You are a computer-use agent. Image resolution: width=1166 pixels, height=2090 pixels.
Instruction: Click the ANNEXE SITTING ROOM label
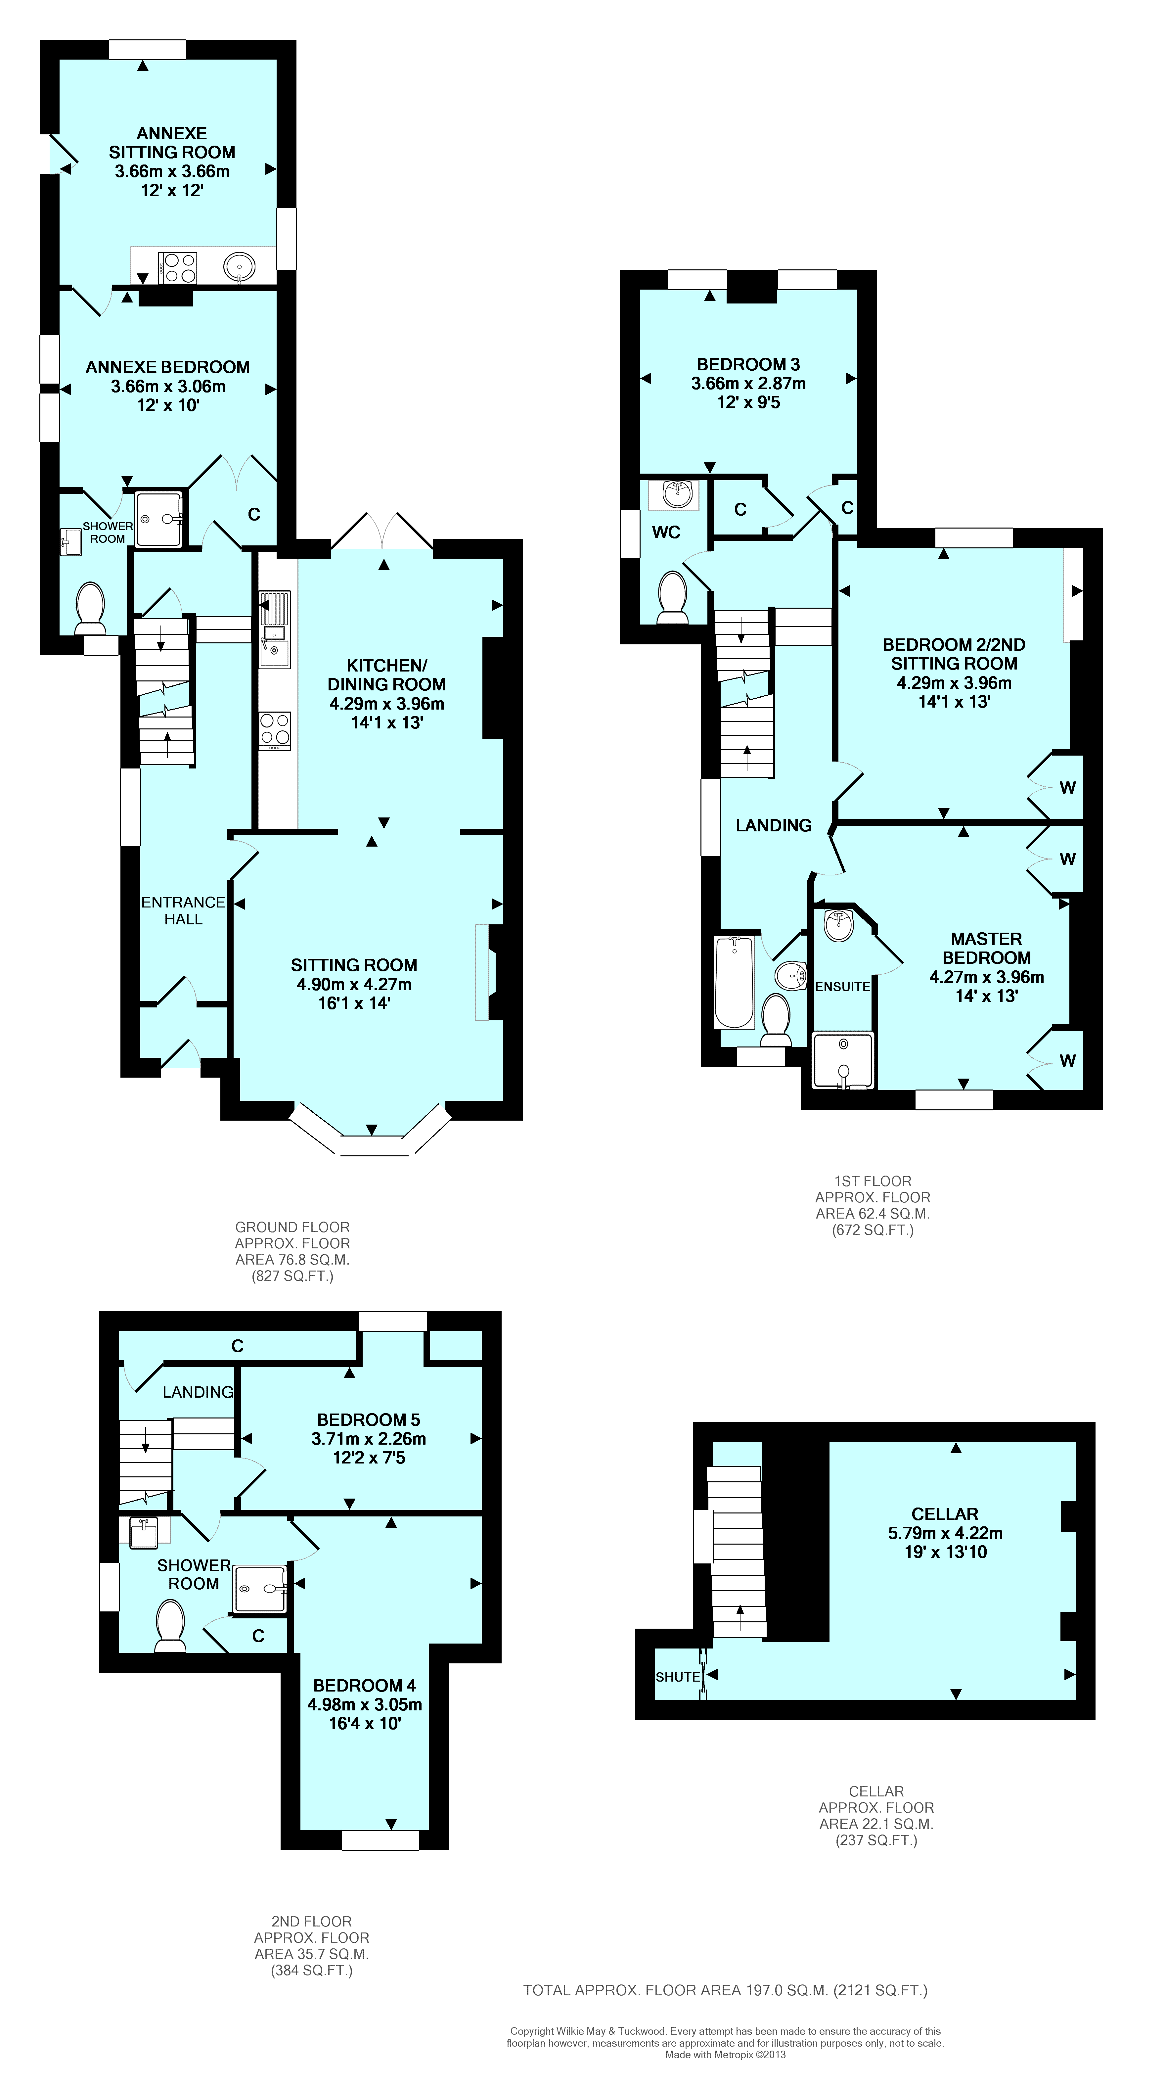[x=172, y=143]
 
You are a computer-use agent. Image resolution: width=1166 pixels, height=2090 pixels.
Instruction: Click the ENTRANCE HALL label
[x=183, y=910]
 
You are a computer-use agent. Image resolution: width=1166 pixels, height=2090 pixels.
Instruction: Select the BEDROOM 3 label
[x=748, y=364]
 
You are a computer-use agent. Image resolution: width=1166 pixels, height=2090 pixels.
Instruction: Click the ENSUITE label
[x=842, y=987]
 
